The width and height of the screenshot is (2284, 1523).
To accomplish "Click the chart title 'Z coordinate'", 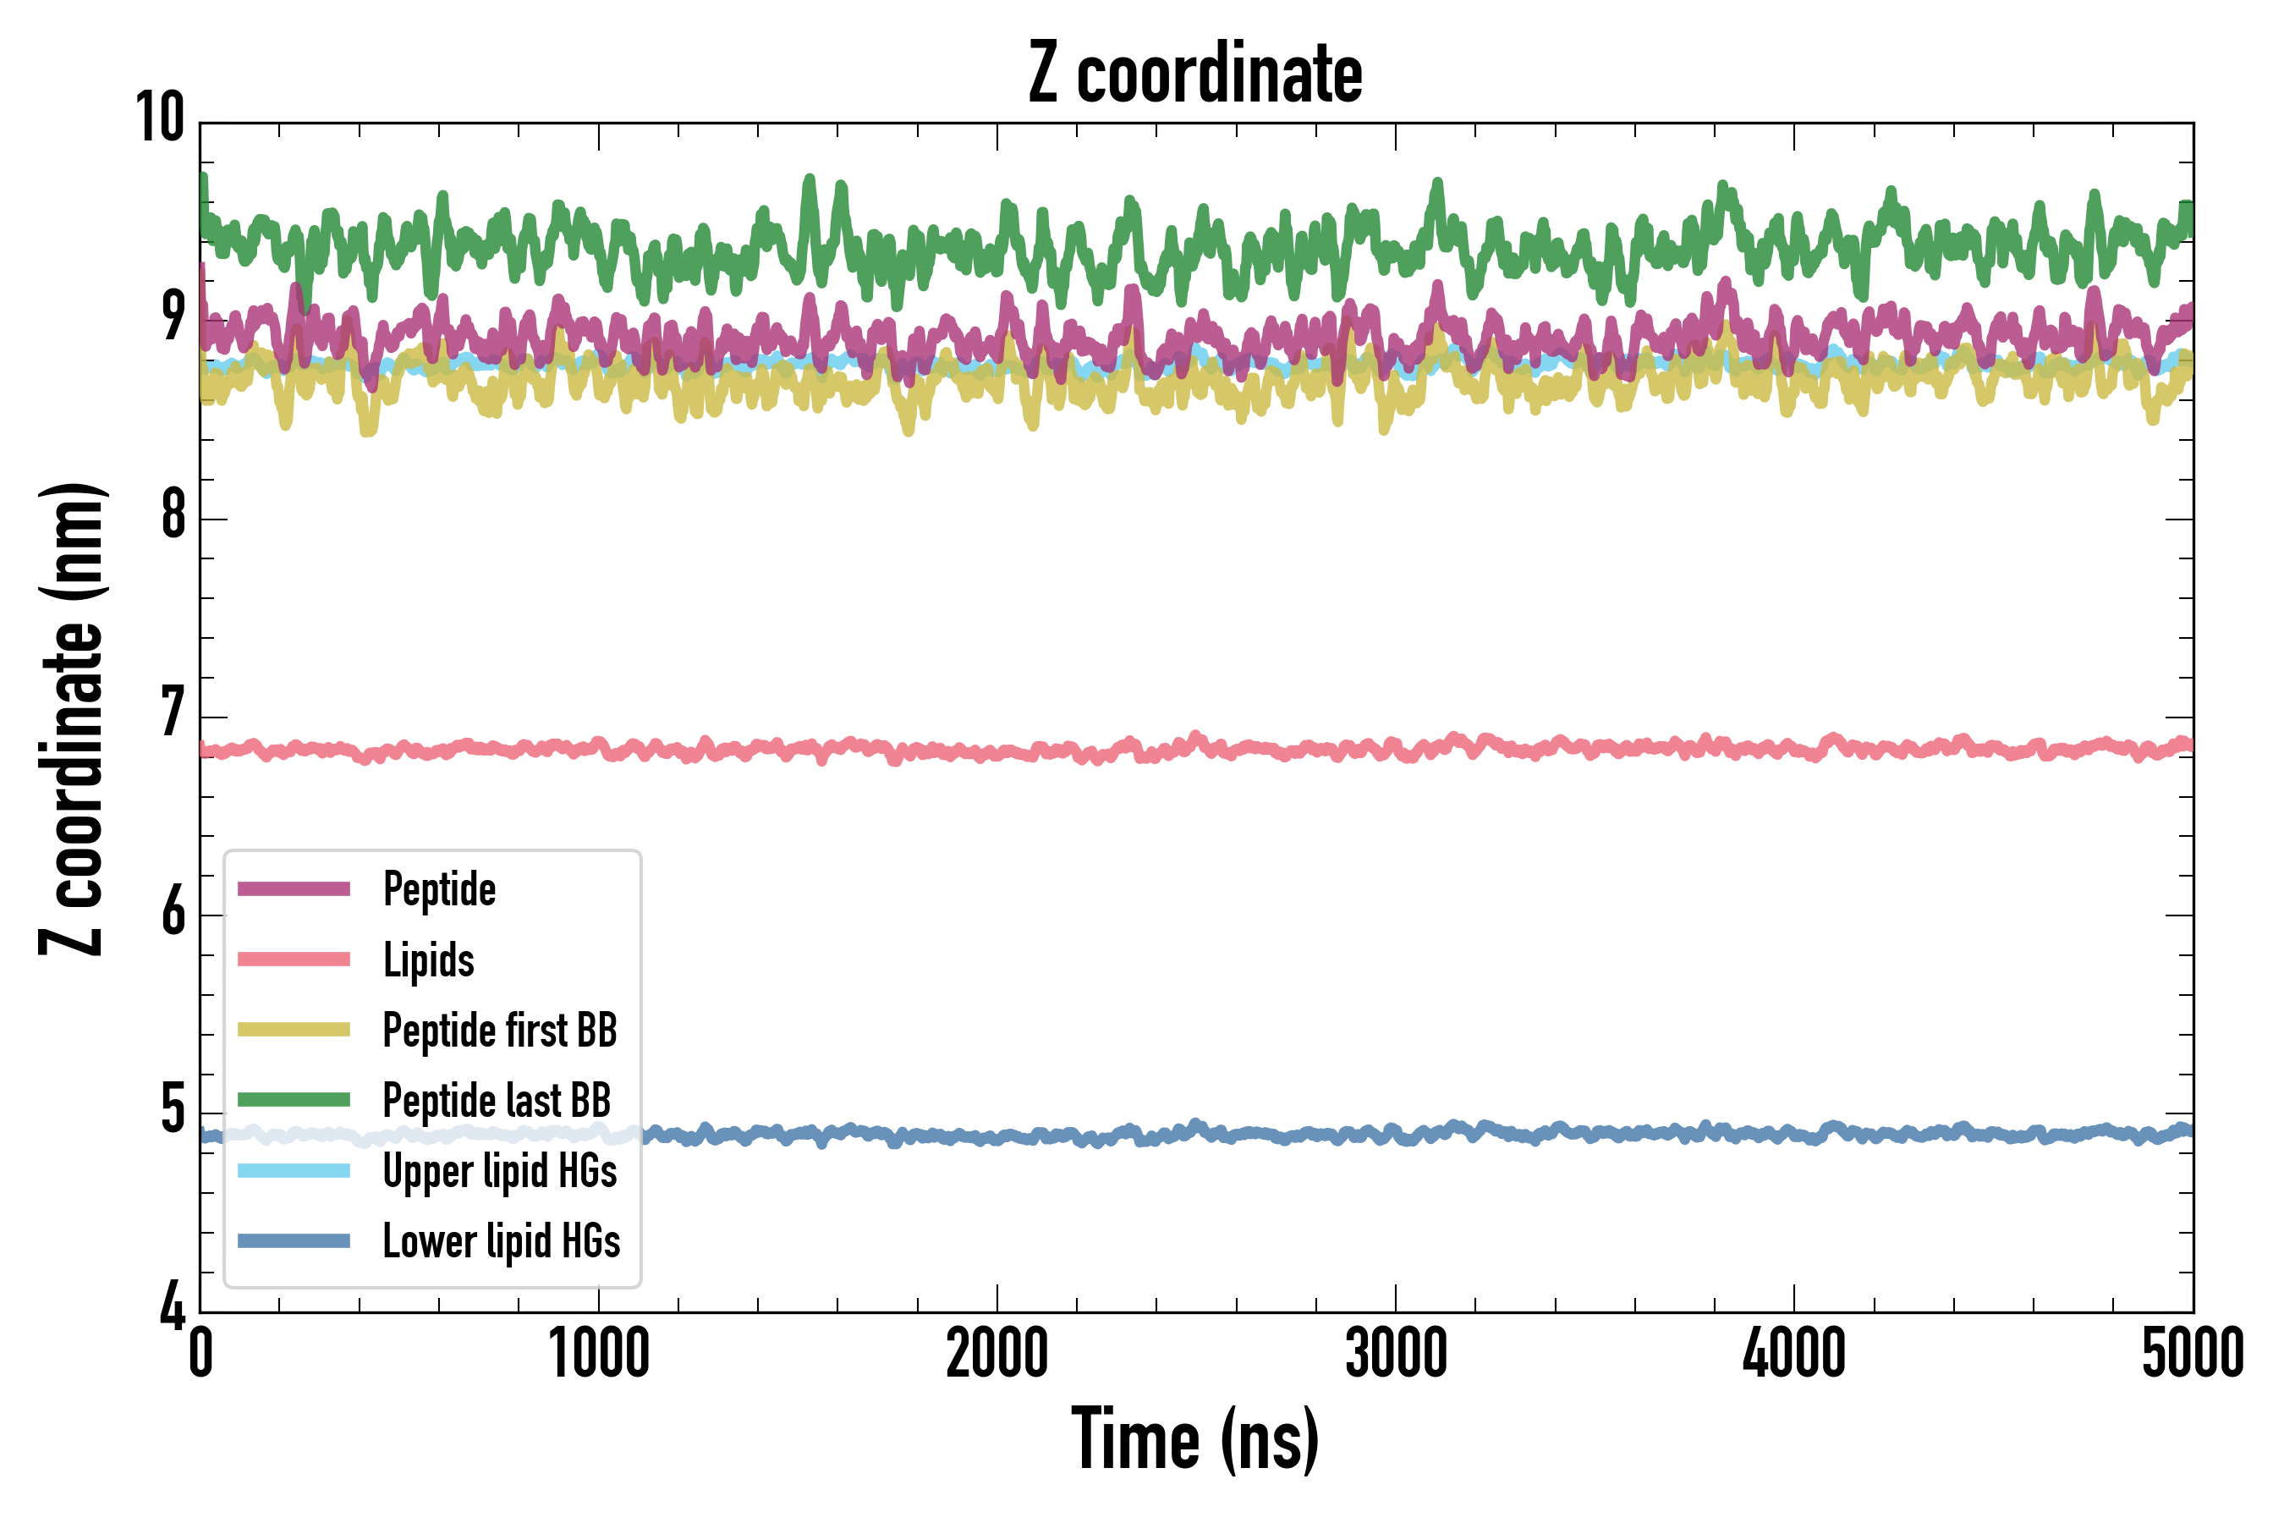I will (1195, 74).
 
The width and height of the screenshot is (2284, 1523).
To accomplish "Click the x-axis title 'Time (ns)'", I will (1195, 1439).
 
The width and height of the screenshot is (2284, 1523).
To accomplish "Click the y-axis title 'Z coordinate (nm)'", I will (72, 718).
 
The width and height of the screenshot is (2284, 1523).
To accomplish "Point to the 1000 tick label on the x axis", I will (598, 1353).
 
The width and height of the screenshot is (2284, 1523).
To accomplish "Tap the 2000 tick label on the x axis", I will (997, 1353).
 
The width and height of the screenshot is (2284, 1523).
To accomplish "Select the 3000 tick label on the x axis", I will (1396, 1353).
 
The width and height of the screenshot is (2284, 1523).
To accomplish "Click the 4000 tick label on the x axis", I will (1793, 1353).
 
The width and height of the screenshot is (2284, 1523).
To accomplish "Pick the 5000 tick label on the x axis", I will (2193, 1353).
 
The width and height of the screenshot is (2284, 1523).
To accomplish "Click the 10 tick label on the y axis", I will (160, 118).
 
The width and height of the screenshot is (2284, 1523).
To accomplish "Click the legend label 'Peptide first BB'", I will (500, 1031).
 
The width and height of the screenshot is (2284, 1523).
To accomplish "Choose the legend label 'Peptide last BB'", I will (497, 1101).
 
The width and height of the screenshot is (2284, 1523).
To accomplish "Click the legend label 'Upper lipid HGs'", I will (500, 1170).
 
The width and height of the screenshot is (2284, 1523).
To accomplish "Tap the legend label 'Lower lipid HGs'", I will (501, 1241).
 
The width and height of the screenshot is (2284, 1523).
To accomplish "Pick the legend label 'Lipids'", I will (428, 959).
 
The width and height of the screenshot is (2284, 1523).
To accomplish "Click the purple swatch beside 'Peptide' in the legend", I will (294, 888).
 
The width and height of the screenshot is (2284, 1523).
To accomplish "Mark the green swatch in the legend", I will (294, 1099).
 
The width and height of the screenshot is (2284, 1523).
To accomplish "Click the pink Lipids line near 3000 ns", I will (1396, 750).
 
